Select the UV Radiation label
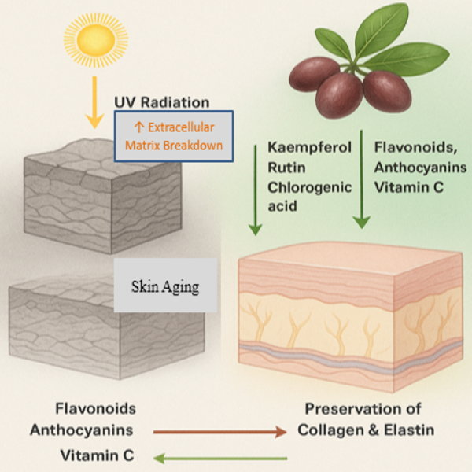point(162,102)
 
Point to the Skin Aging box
point(164,286)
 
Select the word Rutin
point(284,167)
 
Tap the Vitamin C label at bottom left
point(98,455)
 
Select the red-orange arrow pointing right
point(220,431)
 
